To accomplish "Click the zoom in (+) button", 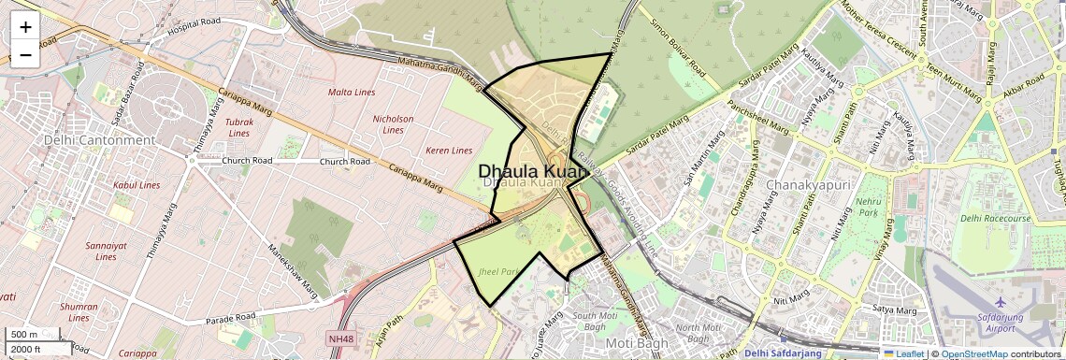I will click(25, 27).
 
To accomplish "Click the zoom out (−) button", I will click(25, 55).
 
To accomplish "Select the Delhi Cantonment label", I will click(99, 140).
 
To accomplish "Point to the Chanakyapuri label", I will click(807, 185).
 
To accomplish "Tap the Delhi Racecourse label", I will click(995, 218).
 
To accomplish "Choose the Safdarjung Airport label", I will click(1001, 323).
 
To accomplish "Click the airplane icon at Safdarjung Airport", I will click(1001, 302).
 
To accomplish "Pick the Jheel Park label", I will click(497, 271).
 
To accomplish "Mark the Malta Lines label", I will click(352, 93).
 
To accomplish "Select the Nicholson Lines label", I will click(393, 125).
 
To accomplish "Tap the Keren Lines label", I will click(449, 150).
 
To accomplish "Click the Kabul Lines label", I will click(137, 185).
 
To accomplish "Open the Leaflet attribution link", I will click(903, 354).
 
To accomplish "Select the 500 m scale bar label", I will click(24, 335).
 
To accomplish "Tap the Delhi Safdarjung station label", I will click(783, 353).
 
